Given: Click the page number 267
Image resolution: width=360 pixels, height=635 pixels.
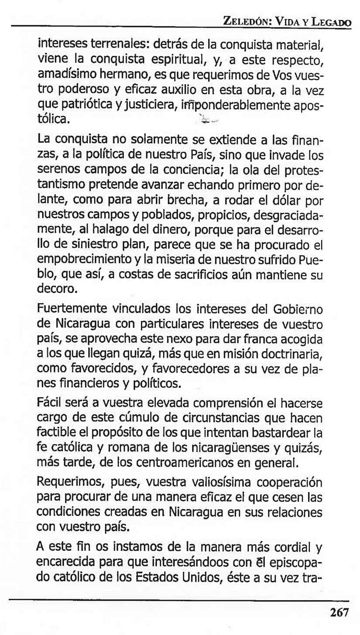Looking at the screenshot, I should (339, 612).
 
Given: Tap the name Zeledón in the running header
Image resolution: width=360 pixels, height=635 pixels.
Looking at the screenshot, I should (247, 20).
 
